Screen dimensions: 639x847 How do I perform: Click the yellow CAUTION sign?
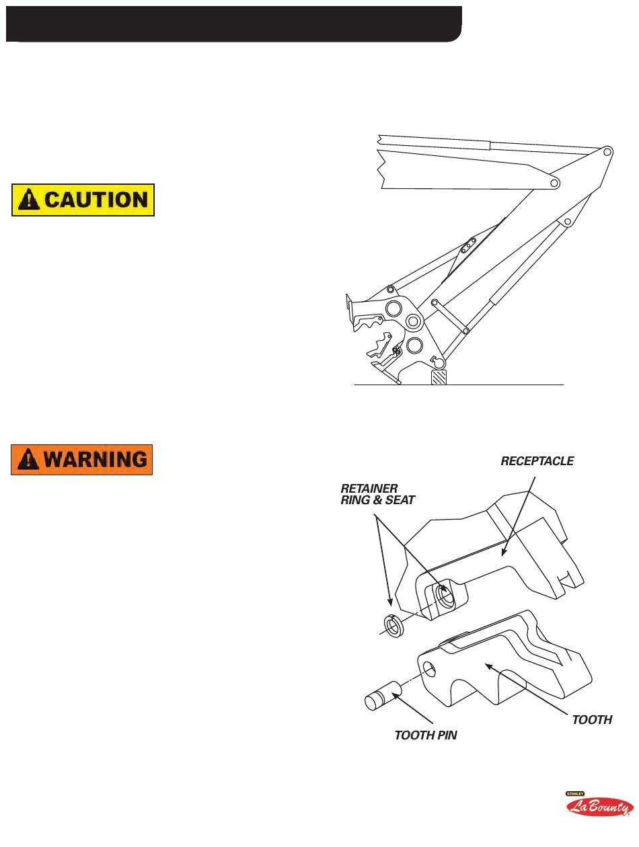(x=83, y=200)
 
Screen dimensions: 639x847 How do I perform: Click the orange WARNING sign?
(x=81, y=460)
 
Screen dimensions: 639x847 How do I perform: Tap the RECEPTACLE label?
(x=537, y=461)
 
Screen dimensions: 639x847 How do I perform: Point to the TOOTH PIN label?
(x=425, y=735)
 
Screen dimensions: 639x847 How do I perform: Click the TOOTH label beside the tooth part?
(x=591, y=720)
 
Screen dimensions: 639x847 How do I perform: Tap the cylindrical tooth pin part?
(x=381, y=694)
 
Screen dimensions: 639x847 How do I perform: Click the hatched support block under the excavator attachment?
(x=439, y=376)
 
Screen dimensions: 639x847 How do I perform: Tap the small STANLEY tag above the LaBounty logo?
(x=574, y=793)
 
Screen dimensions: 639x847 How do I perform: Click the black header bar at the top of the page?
(x=233, y=24)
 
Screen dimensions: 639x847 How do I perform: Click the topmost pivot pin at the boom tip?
(x=607, y=152)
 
